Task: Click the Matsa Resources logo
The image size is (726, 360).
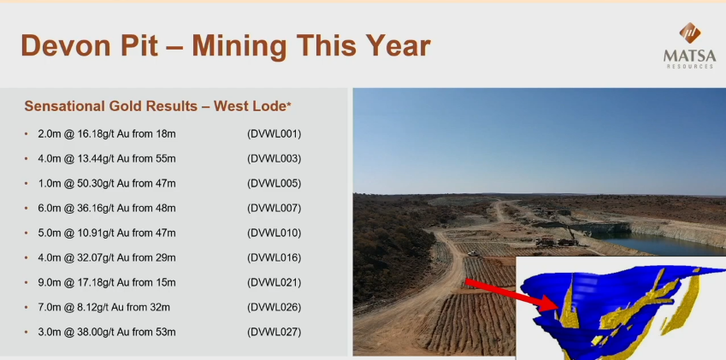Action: tap(689, 45)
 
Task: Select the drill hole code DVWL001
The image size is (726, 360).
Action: tap(274, 134)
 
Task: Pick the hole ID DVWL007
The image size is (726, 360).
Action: tap(274, 209)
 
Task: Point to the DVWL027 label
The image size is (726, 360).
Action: tap(274, 333)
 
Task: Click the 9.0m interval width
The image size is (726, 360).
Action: tap(49, 283)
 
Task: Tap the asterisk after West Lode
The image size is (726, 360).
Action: tap(289, 103)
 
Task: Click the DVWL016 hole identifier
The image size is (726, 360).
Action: tap(274, 257)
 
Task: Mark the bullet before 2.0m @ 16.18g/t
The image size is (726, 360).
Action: tap(27, 134)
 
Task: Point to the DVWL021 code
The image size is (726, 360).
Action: tap(274, 283)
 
